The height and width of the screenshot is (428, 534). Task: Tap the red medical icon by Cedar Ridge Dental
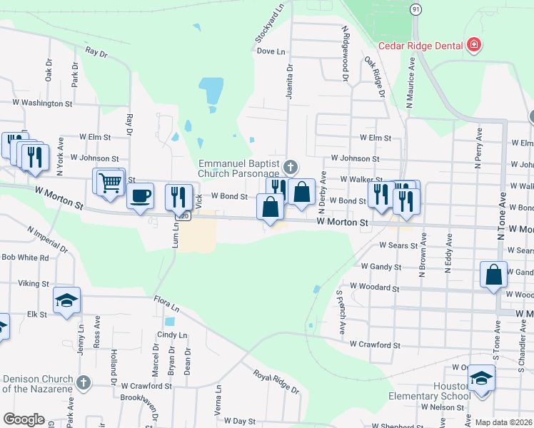(473, 46)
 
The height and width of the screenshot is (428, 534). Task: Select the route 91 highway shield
(416, 9)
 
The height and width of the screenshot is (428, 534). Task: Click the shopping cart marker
(110, 182)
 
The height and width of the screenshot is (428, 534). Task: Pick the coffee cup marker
(141, 195)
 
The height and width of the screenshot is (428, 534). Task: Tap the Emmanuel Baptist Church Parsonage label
(238, 168)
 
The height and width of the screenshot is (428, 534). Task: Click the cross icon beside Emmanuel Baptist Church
(289, 168)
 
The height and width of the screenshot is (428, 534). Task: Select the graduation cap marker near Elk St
(66, 300)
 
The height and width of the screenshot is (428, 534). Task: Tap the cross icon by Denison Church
(84, 383)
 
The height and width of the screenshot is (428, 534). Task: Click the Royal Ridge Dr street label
(276, 382)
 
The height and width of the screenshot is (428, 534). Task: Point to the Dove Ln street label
(271, 51)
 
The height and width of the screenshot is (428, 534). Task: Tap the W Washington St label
(44, 103)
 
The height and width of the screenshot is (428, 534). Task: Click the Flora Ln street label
(166, 304)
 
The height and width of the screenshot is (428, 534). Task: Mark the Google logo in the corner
(24, 419)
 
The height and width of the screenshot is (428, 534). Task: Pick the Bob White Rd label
(24, 257)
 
